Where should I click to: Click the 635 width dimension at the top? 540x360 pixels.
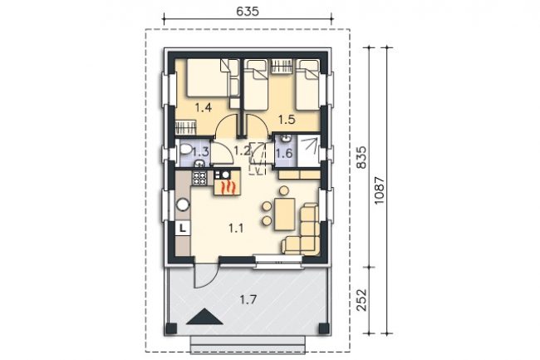click(248, 11)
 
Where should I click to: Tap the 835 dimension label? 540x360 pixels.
click(361, 157)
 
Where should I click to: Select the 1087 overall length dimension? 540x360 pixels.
click(379, 190)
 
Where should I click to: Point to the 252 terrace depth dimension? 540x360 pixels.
click(361, 299)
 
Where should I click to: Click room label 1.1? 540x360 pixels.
click(236, 228)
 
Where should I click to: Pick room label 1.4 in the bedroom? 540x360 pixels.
click(204, 107)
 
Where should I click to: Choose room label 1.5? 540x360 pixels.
click(287, 120)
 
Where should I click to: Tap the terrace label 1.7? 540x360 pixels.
click(248, 299)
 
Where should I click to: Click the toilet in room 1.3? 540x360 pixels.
click(185, 150)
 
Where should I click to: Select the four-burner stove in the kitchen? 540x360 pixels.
click(199, 179)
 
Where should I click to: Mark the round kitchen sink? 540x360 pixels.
click(183, 205)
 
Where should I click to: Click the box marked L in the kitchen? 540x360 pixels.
click(183, 228)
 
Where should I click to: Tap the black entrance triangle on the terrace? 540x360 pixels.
click(204, 317)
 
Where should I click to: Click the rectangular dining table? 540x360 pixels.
click(284, 214)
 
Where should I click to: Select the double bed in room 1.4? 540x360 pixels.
click(208, 78)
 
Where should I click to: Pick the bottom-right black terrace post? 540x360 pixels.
click(324, 328)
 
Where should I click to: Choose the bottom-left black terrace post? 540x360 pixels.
click(171, 328)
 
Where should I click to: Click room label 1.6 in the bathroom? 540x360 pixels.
click(284, 153)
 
